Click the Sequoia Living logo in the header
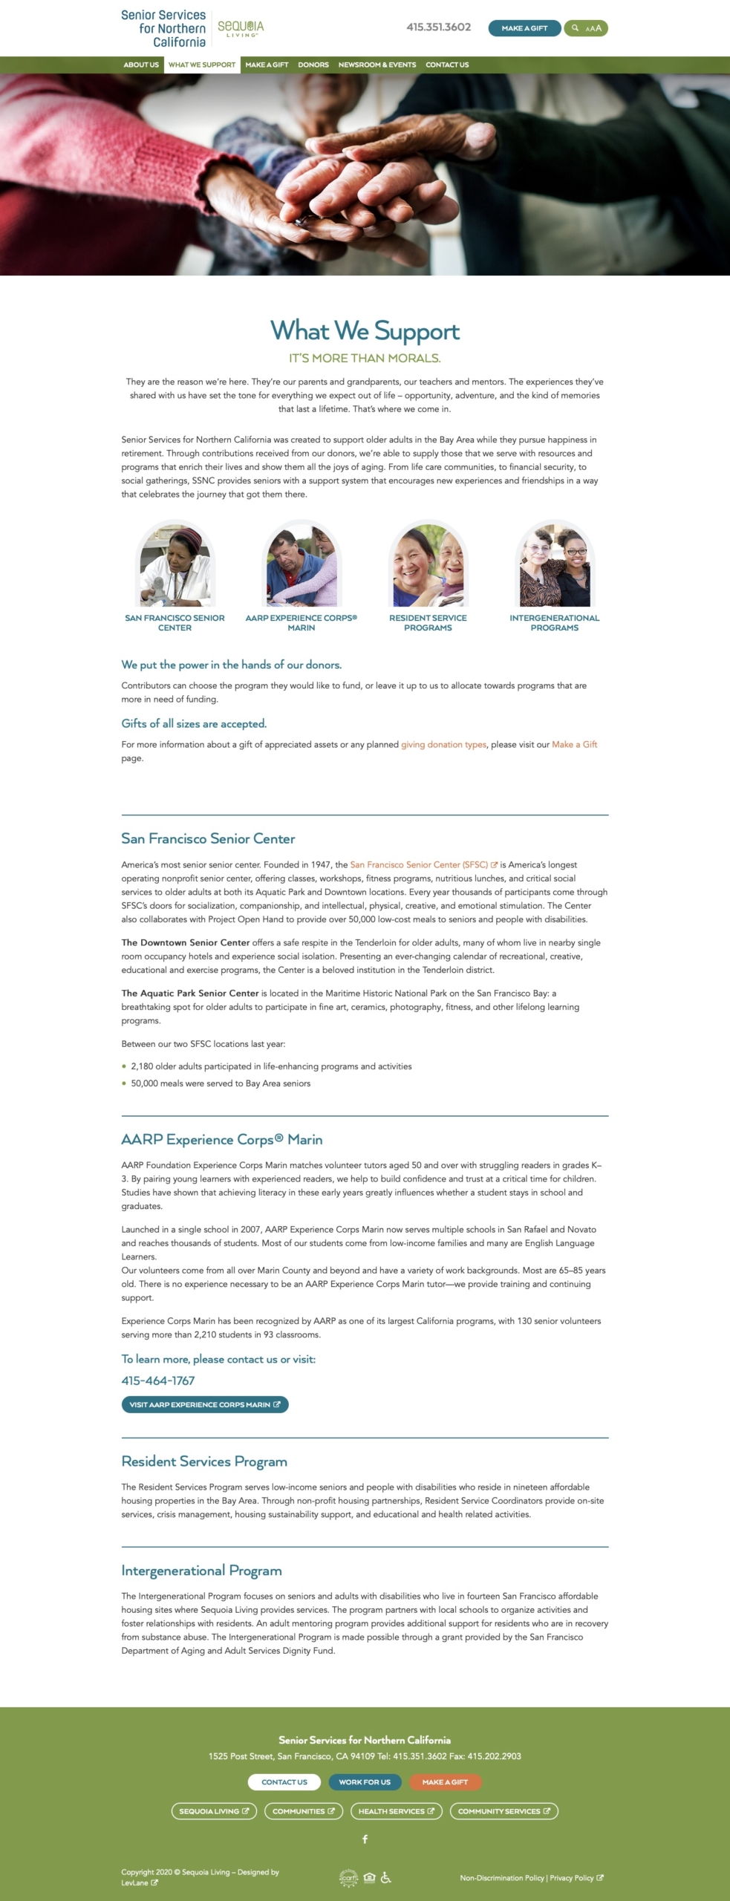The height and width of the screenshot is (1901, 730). tap(240, 28)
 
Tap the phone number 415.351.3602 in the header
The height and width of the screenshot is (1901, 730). tap(438, 27)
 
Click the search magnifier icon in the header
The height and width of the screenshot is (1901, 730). tap(575, 28)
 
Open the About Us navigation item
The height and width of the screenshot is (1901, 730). tap(141, 65)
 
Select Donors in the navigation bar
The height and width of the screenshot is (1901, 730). tap(313, 65)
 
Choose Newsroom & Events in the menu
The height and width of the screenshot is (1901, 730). tap(377, 65)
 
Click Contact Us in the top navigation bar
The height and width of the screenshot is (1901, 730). tap(447, 65)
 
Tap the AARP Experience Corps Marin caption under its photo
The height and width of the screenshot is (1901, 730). tap(302, 622)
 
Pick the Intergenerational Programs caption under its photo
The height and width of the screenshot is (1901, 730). tap(554, 622)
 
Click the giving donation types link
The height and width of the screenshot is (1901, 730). tap(444, 744)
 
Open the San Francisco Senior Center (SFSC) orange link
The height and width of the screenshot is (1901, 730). tap(419, 864)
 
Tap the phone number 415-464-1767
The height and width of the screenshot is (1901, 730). tap(158, 1380)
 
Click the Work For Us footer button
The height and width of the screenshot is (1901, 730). tap(364, 1781)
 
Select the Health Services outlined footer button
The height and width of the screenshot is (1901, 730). tap(396, 1811)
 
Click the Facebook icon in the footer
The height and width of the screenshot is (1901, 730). tap(365, 1839)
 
